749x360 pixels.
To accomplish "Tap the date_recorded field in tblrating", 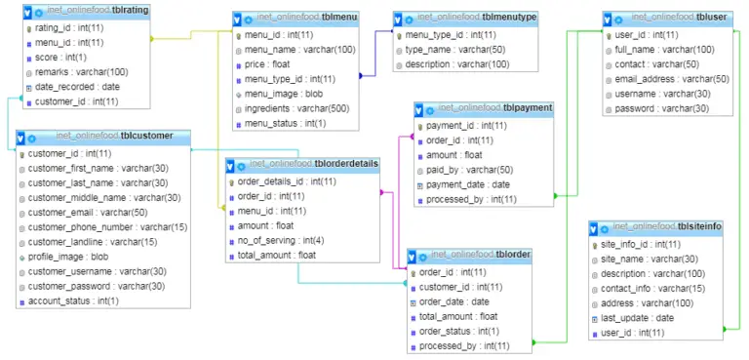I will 64,87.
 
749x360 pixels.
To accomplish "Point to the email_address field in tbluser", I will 672,79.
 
